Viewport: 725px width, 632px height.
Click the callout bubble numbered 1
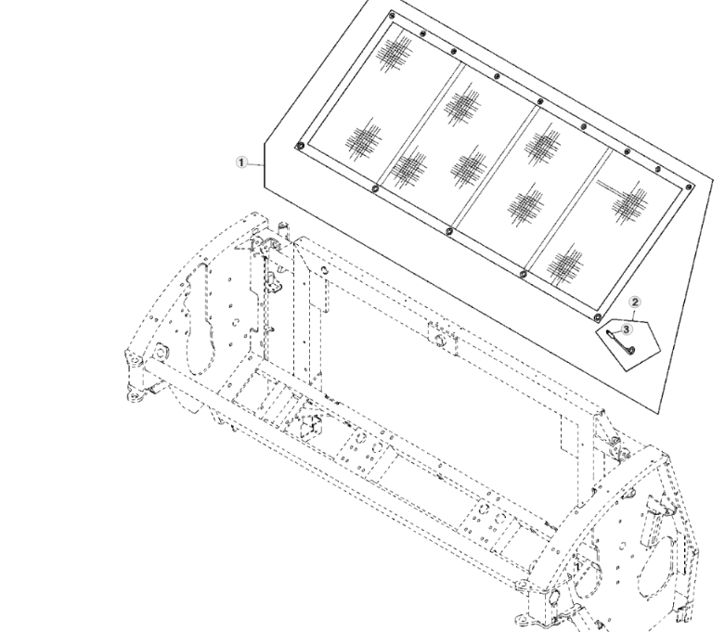pyautogui.click(x=241, y=162)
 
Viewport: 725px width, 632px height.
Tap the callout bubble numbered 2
pyautogui.click(x=635, y=303)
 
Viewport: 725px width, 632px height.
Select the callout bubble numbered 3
pyautogui.click(x=626, y=329)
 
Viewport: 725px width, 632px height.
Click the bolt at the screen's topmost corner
pyautogui.click(x=392, y=16)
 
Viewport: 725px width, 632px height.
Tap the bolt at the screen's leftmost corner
pyautogui.click(x=299, y=147)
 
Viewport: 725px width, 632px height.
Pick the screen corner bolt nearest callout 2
pyautogui.click(x=597, y=317)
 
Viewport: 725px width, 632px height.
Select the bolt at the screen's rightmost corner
pyautogui.click(x=689, y=187)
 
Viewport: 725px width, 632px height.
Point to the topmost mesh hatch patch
pyautogui.click(x=394, y=53)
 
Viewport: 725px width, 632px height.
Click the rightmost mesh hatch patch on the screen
pyautogui.click(x=629, y=203)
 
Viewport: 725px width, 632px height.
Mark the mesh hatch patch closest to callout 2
pyautogui.click(x=564, y=264)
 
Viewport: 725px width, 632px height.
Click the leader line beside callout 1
pyautogui.click(x=255, y=164)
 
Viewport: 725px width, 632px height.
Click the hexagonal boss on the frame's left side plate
pyautogui.click(x=160, y=353)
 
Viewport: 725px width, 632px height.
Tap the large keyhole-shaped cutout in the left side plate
pyautogui.click(x=200, y=319)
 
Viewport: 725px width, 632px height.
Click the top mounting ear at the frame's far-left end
pyautogui.click(x=134, y=360)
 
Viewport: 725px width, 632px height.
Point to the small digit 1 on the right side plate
pyautogui.click(x=576, y=566)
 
